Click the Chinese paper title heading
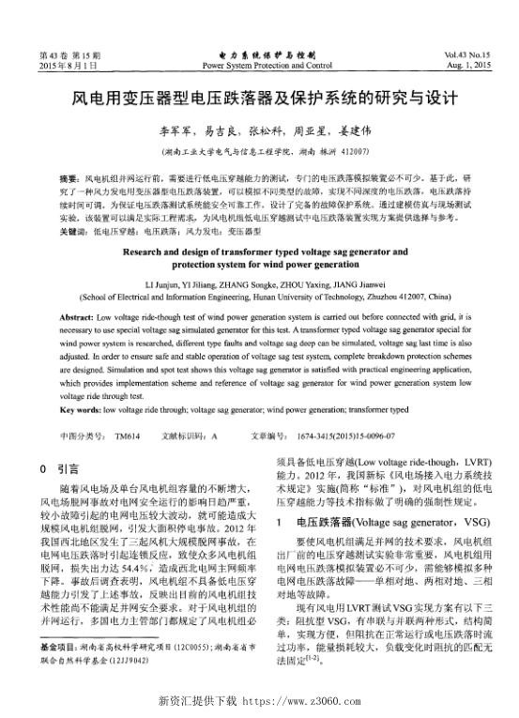tap(259, 97)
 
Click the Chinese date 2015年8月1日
tap(69, 67)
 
